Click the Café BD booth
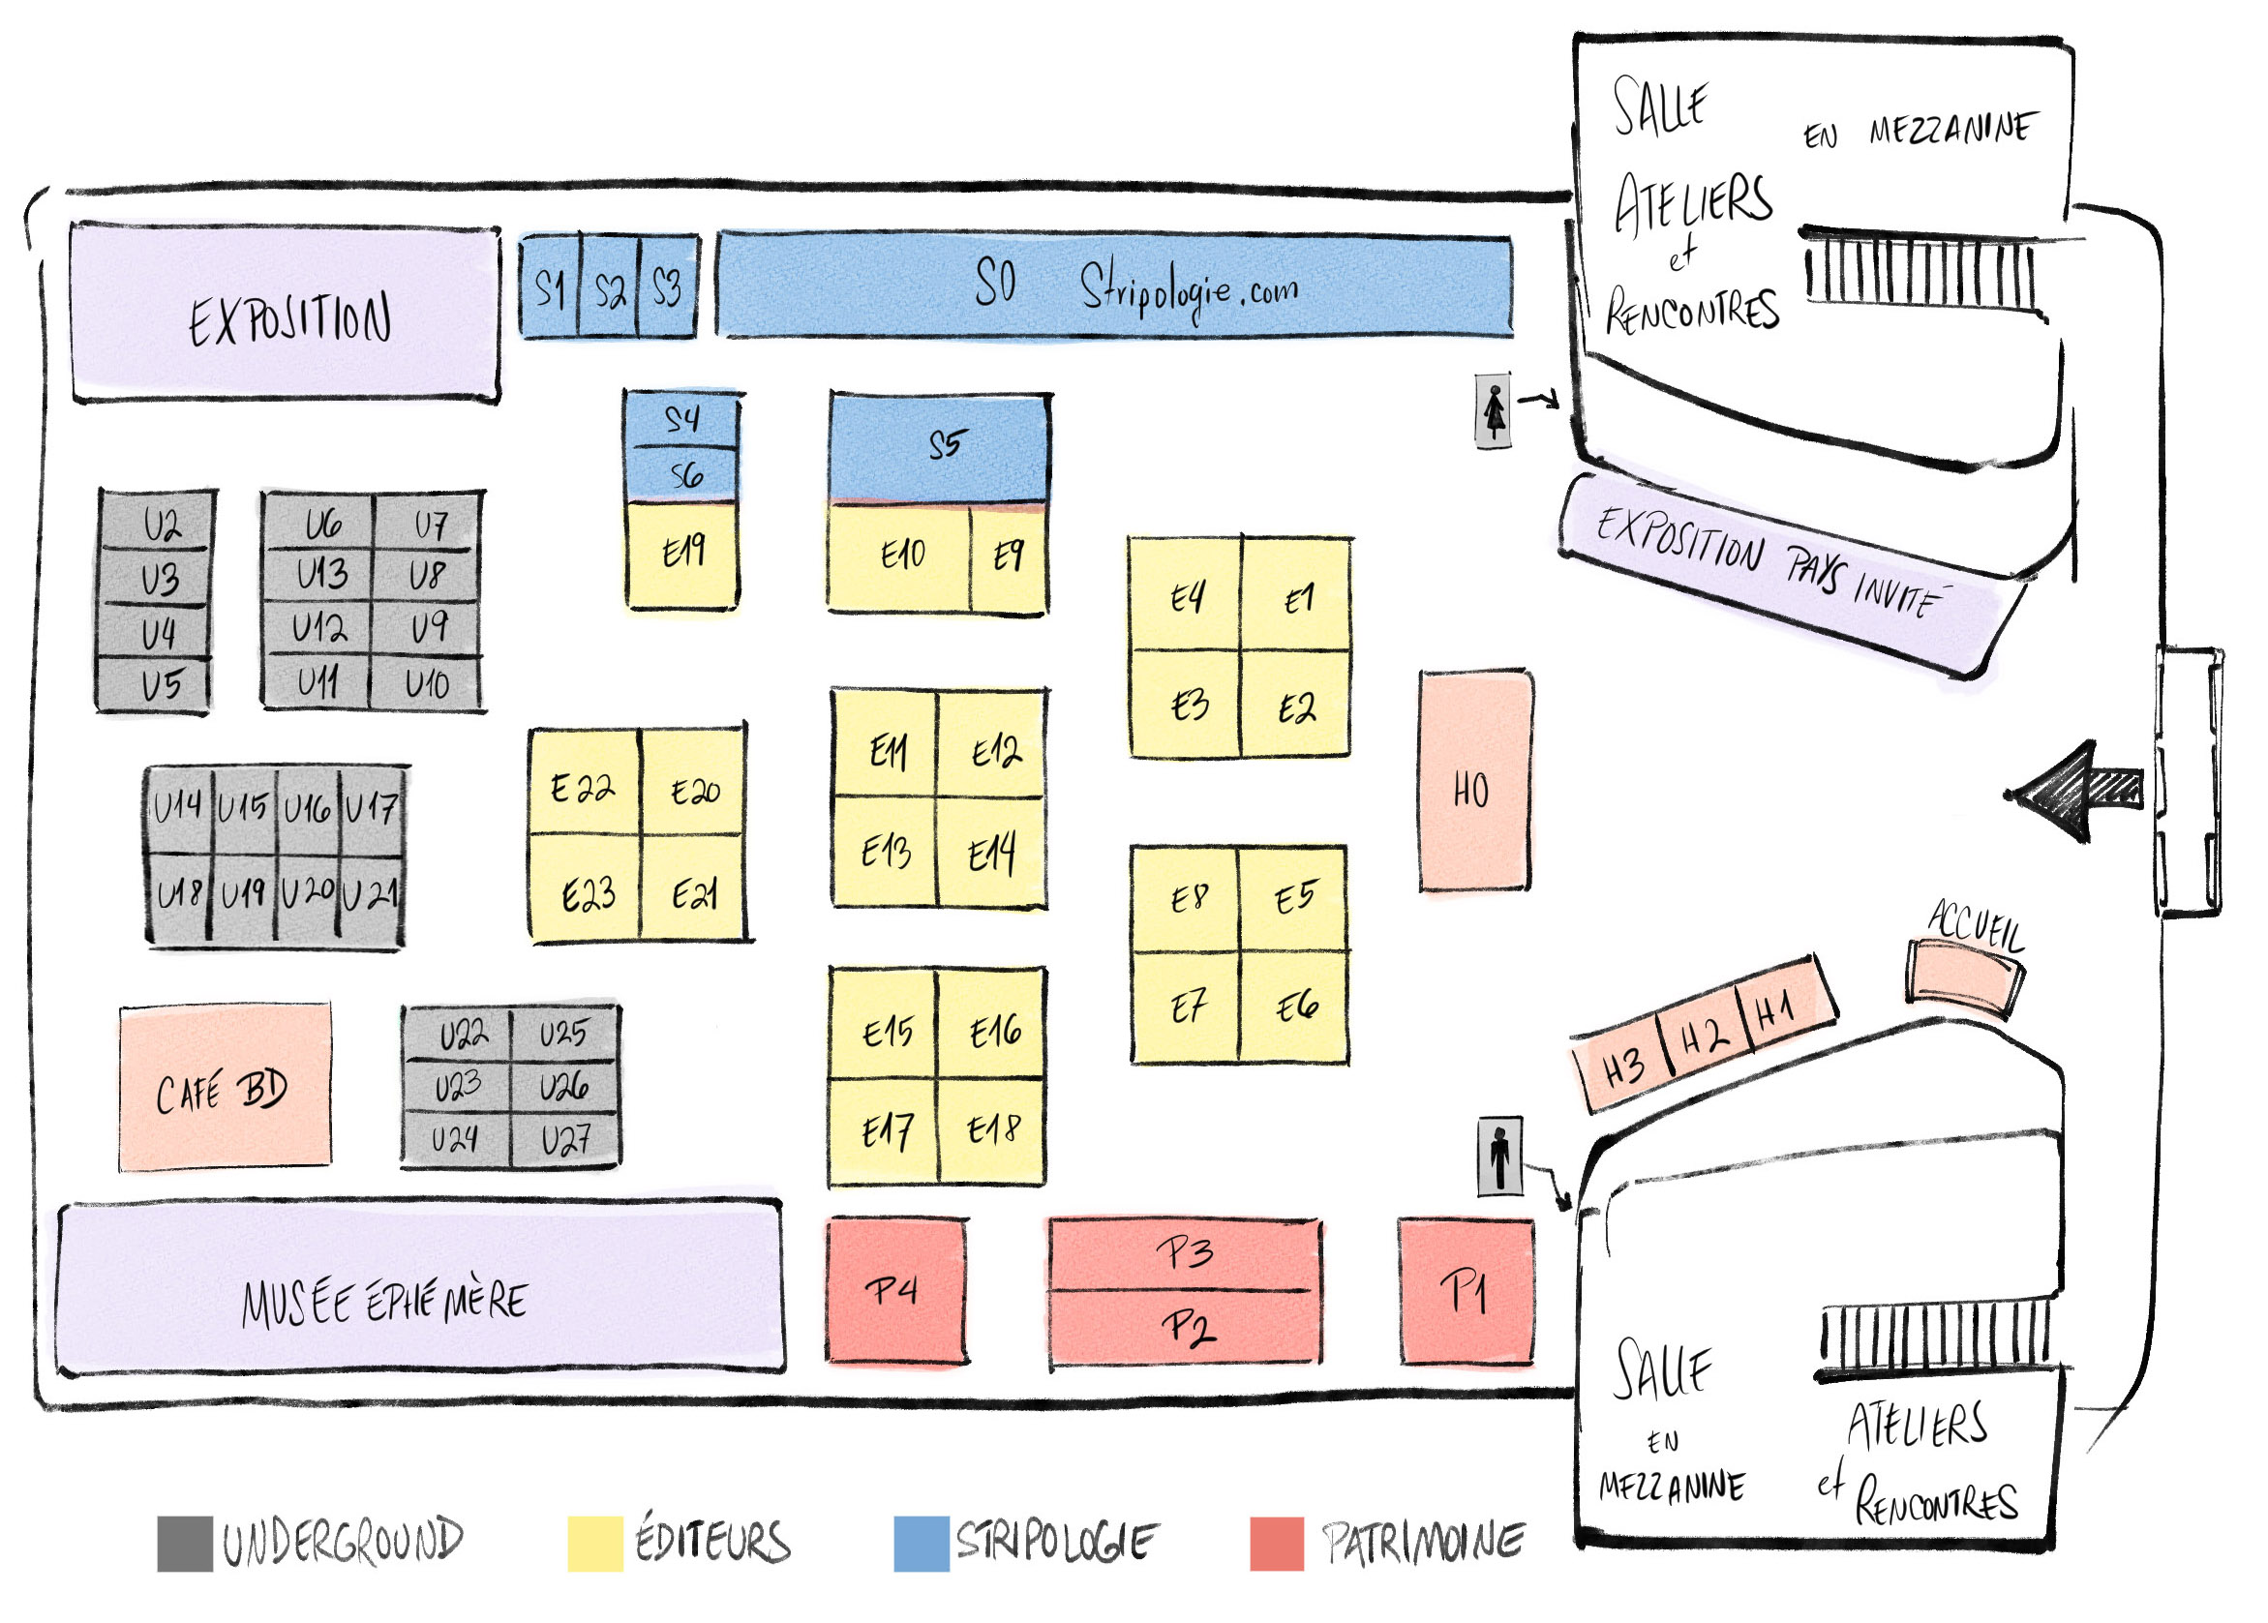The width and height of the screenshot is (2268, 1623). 224,1086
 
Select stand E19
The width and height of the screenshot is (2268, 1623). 681,554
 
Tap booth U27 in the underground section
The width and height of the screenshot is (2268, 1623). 564,1139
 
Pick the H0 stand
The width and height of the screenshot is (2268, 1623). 1474,780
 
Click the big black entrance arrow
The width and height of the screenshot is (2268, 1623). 2072,791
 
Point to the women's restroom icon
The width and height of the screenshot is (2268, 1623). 1494,410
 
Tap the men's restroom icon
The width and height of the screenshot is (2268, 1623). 1499,1157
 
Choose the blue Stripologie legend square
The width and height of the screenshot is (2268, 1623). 921,1543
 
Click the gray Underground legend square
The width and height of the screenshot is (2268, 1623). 185,1543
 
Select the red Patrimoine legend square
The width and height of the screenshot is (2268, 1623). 1277,1543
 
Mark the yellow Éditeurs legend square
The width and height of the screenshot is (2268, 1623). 594,1543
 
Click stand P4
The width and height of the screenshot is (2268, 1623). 895,1289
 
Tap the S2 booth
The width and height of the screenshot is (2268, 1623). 609,286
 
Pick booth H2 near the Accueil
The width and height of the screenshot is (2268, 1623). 1704,1036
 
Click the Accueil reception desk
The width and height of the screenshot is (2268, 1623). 1964,978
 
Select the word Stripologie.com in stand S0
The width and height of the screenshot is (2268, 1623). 1189,289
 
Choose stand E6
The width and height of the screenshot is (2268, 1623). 1293,1007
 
